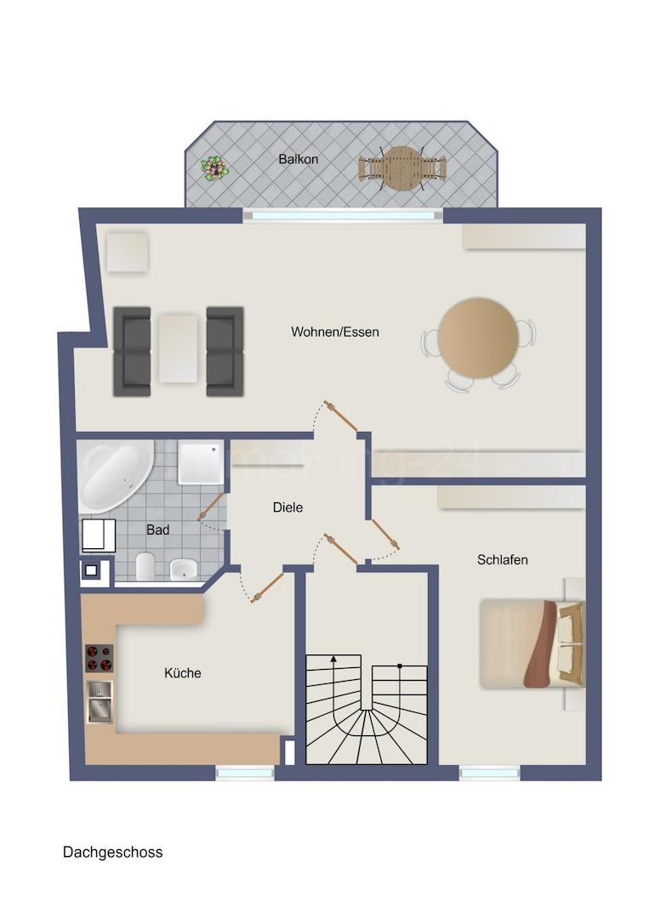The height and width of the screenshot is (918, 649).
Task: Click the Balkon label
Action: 298,159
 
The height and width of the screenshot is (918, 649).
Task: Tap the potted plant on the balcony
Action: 214,167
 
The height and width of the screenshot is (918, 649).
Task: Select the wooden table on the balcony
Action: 402,168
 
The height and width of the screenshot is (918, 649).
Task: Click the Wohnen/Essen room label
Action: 335,331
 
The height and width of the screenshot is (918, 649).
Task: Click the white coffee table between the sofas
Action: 179,348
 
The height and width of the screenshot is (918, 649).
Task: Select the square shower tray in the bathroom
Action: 201,462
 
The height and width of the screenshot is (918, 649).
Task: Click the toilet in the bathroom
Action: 145,565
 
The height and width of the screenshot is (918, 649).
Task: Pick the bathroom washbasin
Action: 183,569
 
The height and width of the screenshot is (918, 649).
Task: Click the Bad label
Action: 157,530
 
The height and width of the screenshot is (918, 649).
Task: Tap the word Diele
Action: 287,507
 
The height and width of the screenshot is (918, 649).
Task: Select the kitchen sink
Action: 99,701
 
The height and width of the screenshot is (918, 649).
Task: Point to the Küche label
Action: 183,673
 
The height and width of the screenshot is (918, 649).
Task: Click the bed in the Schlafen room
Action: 532,643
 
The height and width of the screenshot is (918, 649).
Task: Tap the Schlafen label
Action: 503,559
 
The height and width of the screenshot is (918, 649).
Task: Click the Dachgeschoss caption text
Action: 112,852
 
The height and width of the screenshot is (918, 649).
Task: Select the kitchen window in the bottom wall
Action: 244,773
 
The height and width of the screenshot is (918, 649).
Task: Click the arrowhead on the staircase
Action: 334,659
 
